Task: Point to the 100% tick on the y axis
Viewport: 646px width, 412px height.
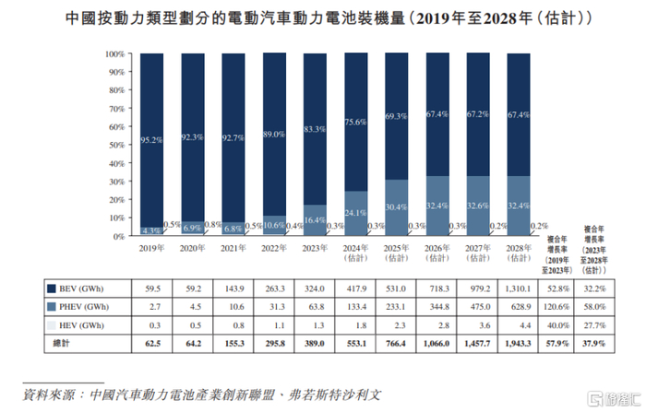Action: pyautogui.click(x=114, y=54)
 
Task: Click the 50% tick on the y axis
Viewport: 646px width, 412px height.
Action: pyautogui.click(x=115, y=145)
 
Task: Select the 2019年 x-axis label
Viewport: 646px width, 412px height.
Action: pyautogui.click(x=151, y=249)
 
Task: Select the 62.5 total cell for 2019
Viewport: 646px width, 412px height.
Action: pyautogui.click(x=151, y=342)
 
